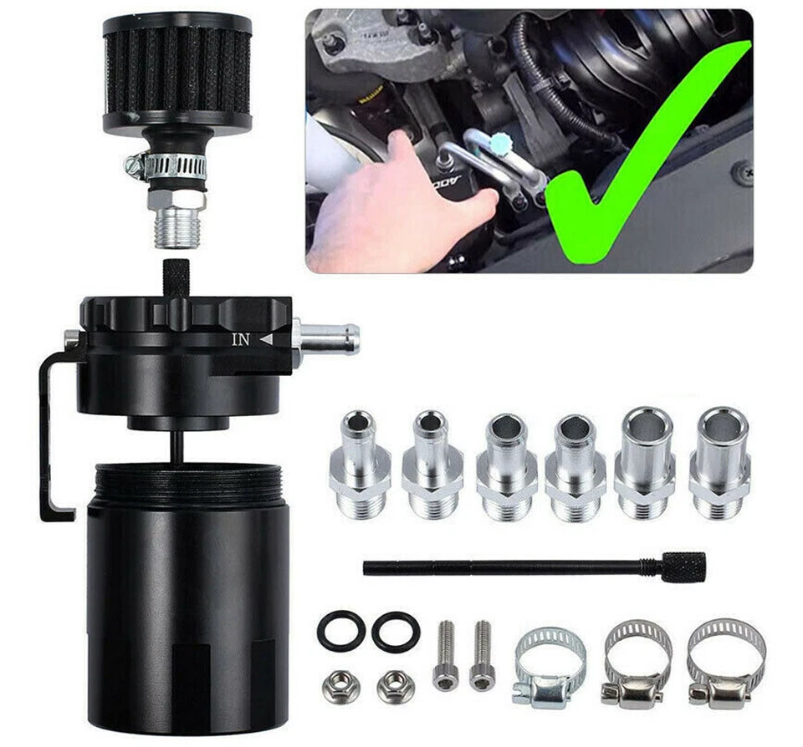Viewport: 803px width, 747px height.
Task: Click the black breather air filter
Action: (177, 71)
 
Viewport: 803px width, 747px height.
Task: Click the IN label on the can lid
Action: (241, 339)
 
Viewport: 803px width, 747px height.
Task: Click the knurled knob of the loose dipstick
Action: (684, 566)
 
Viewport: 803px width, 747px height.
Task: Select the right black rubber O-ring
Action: (396, 632)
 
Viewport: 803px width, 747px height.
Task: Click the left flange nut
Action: (340, 685)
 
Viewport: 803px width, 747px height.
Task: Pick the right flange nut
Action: (395, 686)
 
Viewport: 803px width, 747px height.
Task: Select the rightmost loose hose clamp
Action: (725, 664)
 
